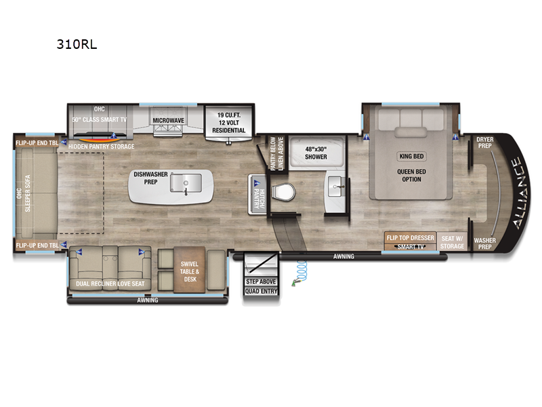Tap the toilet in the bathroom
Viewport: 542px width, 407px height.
pyautogui.click(x=283, y=192)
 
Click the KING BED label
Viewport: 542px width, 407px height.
pyautogui.click(x=412, y=155)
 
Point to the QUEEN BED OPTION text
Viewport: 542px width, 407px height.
pyautogui.click(x=412, y=175)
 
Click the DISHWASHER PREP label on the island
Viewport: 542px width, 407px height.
pyautogui.click(x=150, y=178)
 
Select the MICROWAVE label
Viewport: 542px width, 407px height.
pyautogui.click(x=168, y=120)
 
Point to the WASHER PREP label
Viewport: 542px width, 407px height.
pyautogui.click(x=484, y=244)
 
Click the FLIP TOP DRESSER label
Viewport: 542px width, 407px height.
pyautogui.click(x=410, y=238)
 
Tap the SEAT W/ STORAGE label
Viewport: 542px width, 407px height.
pyautogui.click(x=453, y=241)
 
